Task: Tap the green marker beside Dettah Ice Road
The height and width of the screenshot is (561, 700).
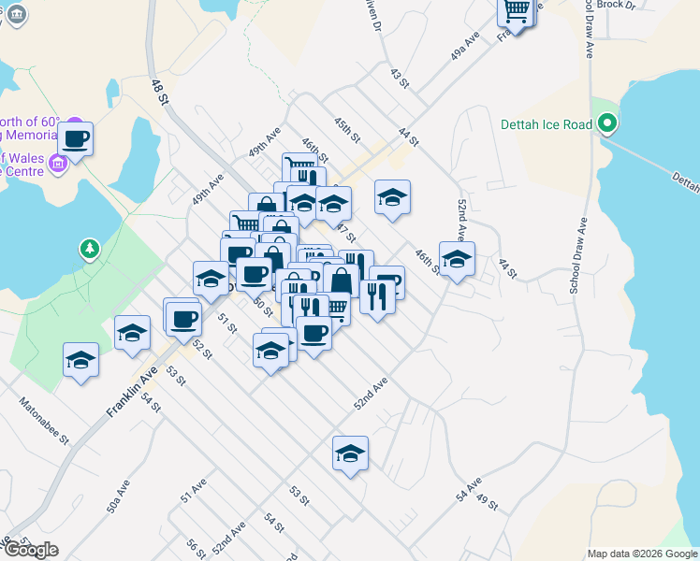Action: [607, 123]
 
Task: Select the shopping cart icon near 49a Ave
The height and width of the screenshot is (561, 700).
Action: [516, 10]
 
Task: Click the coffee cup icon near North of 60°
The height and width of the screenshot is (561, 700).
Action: [76, 140]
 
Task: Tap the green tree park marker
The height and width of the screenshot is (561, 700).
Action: [89, 250]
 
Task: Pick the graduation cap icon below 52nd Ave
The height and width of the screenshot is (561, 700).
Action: [351, 454]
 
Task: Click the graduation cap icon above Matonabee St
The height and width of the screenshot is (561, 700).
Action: [81, 361]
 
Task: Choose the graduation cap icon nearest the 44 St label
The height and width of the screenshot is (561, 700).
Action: [457, 260]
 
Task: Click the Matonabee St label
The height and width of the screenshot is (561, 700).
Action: [46, 423]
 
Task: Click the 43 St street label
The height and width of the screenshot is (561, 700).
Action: [400, 78]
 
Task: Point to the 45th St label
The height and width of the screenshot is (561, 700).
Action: [346, 129]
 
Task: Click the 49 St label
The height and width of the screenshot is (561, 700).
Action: [488, 503]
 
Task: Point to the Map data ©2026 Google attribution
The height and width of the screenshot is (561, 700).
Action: [643, 554]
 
